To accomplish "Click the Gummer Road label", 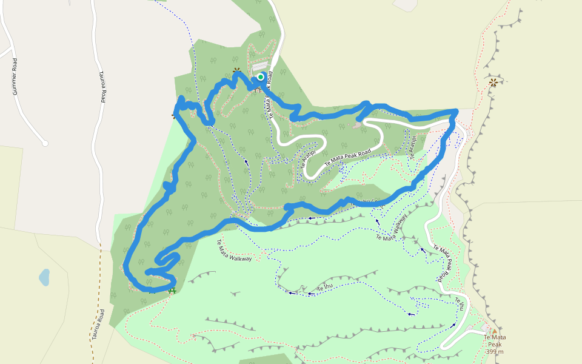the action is (15, 76).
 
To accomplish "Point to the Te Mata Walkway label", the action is (234, 250).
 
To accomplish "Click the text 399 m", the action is (495, 352).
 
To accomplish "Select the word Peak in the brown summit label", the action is (495, 345).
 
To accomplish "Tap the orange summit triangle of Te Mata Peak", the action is (493, 332).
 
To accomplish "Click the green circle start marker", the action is (261, 76).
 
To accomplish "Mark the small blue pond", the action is (44, 278).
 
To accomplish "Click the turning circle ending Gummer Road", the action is (45, 143).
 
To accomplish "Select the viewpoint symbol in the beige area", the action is (493, 81).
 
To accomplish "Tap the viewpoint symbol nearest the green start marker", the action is (236, 70).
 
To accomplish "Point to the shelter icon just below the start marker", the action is (258, 89).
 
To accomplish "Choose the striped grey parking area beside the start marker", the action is (259, 66).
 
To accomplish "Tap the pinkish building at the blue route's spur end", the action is (358, 126).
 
